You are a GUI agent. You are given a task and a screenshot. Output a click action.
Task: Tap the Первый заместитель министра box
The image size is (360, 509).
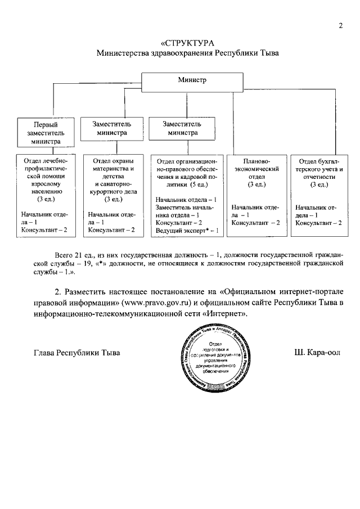(45, 133)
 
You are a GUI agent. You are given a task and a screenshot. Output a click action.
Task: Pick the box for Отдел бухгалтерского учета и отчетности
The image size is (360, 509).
(318, 194)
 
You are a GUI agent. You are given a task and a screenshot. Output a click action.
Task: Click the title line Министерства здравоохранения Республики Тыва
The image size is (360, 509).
(187, 53)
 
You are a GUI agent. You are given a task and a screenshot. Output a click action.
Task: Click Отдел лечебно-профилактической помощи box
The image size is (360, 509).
(45, 194)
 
